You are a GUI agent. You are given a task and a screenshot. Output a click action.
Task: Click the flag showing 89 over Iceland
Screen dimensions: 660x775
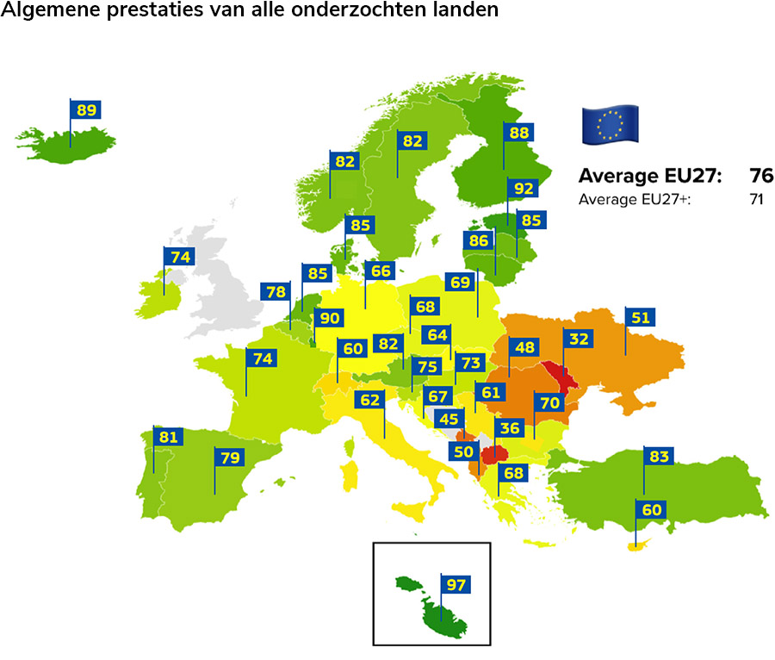point(86,109)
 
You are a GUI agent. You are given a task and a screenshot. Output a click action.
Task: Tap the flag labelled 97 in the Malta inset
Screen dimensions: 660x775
point(456,585)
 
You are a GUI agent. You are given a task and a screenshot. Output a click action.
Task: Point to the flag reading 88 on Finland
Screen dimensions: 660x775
point(518,133)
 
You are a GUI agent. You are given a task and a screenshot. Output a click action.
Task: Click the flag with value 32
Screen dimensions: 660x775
point(579,339)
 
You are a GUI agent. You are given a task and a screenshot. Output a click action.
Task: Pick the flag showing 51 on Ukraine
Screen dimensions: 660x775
point(640,316)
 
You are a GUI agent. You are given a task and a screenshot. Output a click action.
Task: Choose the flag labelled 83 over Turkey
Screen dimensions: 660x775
point(660,457)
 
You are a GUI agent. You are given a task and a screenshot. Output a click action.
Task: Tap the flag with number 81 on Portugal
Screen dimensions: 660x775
point(168,437)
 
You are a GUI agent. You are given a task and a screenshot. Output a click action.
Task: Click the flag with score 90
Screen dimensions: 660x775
point(329,317)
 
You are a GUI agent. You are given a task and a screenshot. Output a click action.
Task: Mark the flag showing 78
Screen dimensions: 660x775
point(276,292)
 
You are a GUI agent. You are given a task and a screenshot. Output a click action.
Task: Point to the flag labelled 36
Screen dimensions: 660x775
point(510,427)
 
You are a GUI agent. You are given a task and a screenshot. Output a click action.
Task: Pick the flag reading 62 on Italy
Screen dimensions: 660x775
point(369,400)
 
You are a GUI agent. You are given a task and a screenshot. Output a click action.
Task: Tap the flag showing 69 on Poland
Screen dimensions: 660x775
point(461,282)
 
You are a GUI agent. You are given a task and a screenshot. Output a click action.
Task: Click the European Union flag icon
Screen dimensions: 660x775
point(610,124)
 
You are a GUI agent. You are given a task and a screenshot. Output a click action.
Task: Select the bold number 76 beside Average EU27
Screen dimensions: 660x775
point(760,177)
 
